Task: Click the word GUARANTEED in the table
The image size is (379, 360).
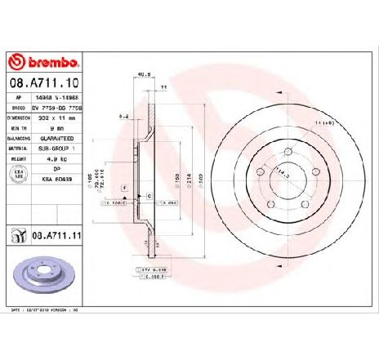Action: click(x=74, y=140)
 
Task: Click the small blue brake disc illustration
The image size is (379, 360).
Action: click(x=42, y=275)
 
